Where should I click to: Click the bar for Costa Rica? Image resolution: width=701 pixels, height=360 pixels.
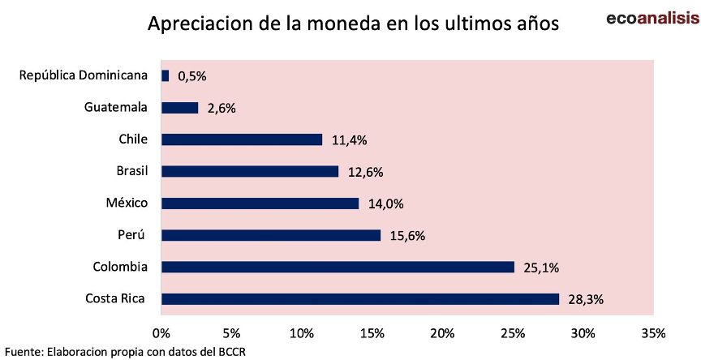pyautogui.click(x=360, y=299)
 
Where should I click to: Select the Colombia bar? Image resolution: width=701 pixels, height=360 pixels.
pyautogui.click(x=338, y=267)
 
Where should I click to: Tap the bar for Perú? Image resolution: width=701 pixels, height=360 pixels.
pyautogui.click(x=271, y=235)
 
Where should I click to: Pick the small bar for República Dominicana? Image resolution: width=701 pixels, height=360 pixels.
pyautogui.click(x=166, y=75)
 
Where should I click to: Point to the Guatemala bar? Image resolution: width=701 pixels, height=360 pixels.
pyautogui.click(x=180, y=107)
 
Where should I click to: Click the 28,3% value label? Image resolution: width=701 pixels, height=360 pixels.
pyautogui.click(x=586, y=300)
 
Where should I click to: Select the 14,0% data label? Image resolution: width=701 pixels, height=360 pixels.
pyautogui.click(x=385, y=204)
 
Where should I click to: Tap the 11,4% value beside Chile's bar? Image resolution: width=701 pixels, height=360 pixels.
pyautogui.click(x=349, y=140)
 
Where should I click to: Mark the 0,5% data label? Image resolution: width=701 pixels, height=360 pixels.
pyautogui.click(x=192, y=76)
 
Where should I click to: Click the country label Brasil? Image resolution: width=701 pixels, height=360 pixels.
pyautogui.click(x=132, y=171)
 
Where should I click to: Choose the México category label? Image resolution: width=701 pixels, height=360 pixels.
pyautogui.click(x=127, y=203)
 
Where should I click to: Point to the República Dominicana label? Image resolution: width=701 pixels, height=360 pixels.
pyautogui.click(x=84, y=75)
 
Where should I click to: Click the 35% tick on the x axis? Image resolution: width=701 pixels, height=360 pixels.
pyautogui.click(x=653, y=332)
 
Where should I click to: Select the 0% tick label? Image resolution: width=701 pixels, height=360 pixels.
pyautogui.click(x=161, y=332)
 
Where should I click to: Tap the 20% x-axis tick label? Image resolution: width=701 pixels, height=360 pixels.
pyautogui.click(x=443, y=332)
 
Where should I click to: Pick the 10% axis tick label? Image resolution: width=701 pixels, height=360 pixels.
pyautogui.click(x=302, y=332)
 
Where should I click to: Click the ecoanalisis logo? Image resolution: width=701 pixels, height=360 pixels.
pyautogui.click(x=652, y=18)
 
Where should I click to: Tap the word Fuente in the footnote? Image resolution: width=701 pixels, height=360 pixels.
pyautogui.click(x=24, y=352)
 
